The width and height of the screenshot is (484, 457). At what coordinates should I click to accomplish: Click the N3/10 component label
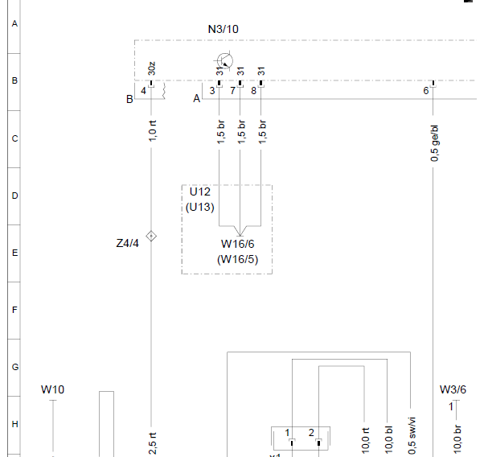pyautogui.click(x=224, y=29)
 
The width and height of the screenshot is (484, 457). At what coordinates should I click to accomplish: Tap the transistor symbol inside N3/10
pyautogui.click(x=224, y=60)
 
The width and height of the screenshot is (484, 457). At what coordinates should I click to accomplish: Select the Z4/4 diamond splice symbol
pyautogui.click(x=151, y=236)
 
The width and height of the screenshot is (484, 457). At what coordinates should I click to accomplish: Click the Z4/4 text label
pyautogui.click(x=128, y=243)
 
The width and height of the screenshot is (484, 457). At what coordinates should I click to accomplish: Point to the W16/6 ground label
pyautogui.click(x=238, y=244)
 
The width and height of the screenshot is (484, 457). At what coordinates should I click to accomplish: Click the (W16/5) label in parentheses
pyautogui.click(x=238, y=259)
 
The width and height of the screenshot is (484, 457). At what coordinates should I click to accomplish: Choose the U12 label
pyautogui.click(x=200, y=191)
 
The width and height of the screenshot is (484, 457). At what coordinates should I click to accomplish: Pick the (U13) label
pyautogui.click(x=200, y=207)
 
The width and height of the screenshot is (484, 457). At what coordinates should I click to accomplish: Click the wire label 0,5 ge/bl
pyautogui.click(x=434, y=143)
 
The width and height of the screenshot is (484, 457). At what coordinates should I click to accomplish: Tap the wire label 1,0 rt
pyautogui.click(x=153, y=130)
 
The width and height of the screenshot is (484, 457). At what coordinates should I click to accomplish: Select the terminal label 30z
pyautogui.click(x=152, y=68)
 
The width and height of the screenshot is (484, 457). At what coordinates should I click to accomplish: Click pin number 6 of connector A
pyautogui.click(x=426, y=91)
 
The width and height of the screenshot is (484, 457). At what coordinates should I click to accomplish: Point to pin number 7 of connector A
pyautogui.click(x=232, y=91)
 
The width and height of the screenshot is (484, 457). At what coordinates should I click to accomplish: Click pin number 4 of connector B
pyautogui.click(x=143, y=91)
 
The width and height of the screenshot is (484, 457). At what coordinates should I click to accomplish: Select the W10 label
pyautogui.click(x=52, y=389)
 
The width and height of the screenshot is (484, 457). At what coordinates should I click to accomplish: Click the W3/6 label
pyautogui.click(x=453, y=389)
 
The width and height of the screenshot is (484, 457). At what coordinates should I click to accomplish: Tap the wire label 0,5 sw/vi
pyautogui.click(x=412, y=436)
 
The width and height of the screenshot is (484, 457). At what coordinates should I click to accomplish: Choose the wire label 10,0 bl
pyautogui.click(x=389, y=438)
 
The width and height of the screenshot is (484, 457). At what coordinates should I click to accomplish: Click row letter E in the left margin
pyautogui.click(x=14, y=253)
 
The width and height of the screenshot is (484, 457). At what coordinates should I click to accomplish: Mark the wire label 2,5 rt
pyautogui.click(x=153, y=443)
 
